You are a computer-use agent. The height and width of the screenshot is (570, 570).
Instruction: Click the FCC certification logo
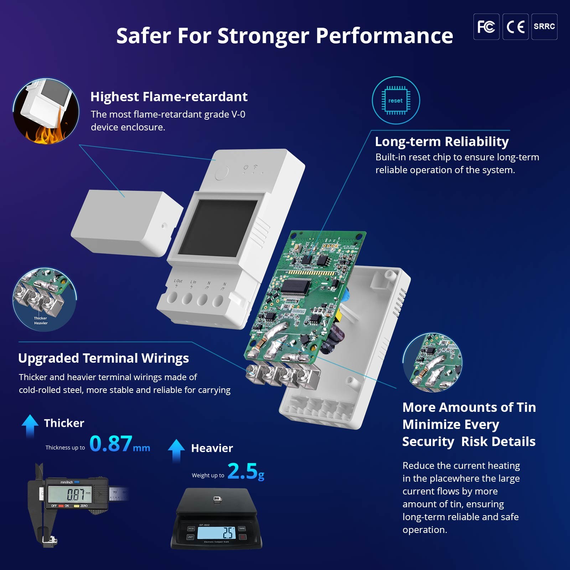[x=486, y=27]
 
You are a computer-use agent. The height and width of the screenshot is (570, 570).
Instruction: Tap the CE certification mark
[x=515, y=27]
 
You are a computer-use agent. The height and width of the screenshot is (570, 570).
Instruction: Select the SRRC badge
[x=544, y=27]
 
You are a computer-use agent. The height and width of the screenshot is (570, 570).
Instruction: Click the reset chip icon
[x=395, y=100]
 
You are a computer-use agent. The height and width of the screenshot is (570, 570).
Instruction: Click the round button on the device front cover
[x=222, y=173]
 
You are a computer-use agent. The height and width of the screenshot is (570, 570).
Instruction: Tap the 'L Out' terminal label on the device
[x=178, y=281]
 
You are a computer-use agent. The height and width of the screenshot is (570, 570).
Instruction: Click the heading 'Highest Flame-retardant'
[x=169, y=97]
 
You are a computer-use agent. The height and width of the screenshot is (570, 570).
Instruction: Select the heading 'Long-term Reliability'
[x=441, y=141]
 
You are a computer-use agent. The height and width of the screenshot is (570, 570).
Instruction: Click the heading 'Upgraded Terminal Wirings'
[x=103, y=358]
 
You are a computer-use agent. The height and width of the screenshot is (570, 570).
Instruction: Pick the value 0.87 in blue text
[x=111, y=444]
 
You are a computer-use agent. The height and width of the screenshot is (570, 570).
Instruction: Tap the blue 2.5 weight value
[x=242, y=471]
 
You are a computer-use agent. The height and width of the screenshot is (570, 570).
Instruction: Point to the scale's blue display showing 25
[x=216, y=533]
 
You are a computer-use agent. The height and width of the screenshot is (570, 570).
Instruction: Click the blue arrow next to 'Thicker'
[x=30, y=425]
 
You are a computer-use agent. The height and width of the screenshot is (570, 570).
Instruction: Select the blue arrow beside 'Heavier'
[x=176, y=450]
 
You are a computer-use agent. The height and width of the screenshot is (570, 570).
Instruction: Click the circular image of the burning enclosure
[x=46, y=111]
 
